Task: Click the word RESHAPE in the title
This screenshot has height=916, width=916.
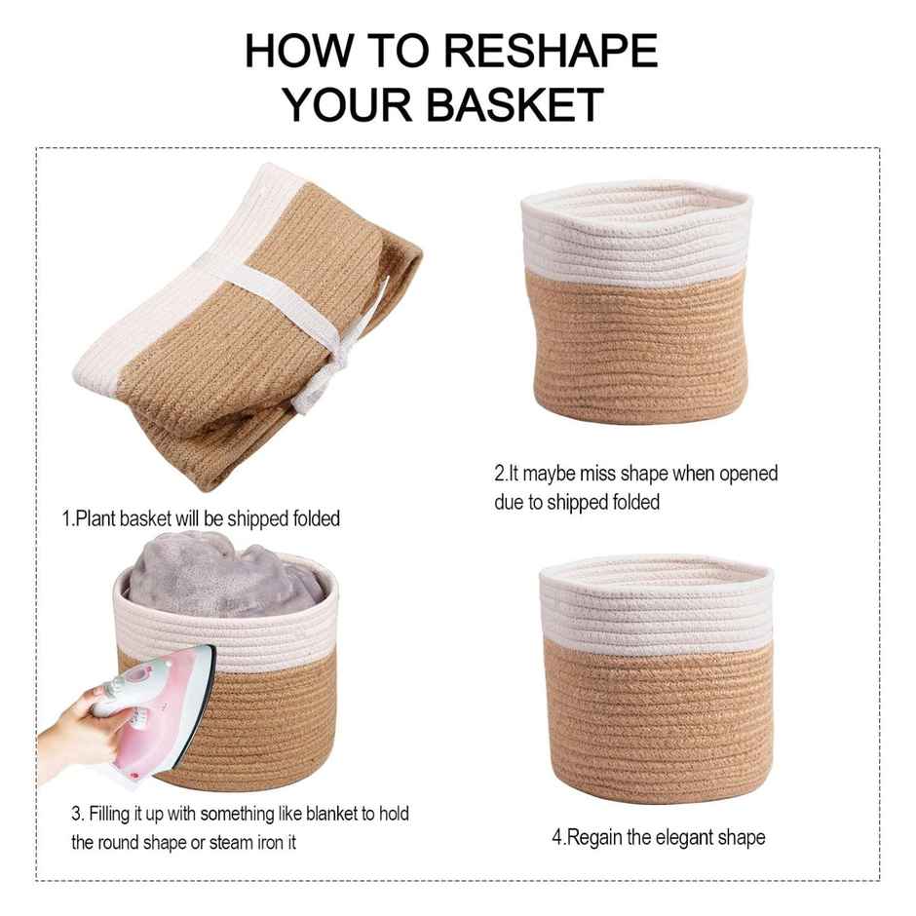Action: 551,51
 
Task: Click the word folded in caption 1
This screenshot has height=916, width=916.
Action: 316,518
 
